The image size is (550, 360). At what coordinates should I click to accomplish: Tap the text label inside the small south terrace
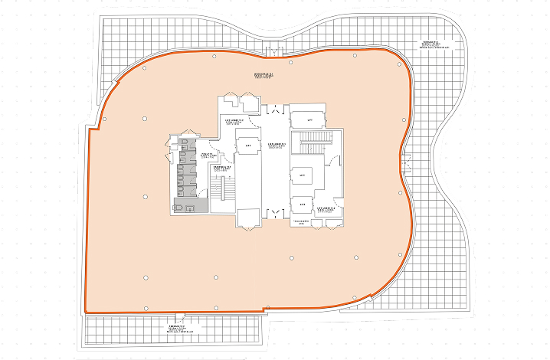(x=180, y=329)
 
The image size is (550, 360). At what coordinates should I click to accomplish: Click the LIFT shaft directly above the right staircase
(x=310, y=120)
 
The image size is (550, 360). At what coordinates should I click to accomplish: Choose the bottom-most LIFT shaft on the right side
(x=303, y=205)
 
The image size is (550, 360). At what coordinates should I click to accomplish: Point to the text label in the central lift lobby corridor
(x=277, y=145)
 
